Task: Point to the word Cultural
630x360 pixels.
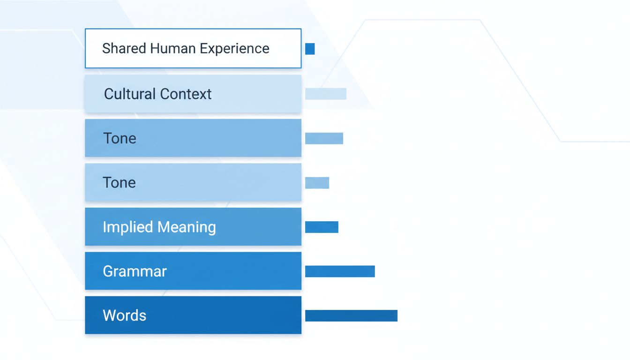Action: (129, 94)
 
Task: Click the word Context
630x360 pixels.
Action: (186, 94)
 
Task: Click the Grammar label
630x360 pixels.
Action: (135, 271)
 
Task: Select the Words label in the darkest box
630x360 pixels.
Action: (124, 315)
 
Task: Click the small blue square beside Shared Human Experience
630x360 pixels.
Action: (310, 49)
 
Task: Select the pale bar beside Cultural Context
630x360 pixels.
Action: (326, 94)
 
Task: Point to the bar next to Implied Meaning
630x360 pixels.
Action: (322, 227)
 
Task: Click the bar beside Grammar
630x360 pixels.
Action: (340, 271)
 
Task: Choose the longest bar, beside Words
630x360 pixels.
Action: (351, 315)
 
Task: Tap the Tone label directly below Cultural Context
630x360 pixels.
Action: (120, 138)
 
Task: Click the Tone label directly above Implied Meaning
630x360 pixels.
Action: (119, 182)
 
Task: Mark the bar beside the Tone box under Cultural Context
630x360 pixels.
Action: (324, 138)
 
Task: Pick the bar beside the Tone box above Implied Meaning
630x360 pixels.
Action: (317, 183)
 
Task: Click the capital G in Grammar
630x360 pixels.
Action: (107, 271)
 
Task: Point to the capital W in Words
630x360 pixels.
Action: (109, 315)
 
